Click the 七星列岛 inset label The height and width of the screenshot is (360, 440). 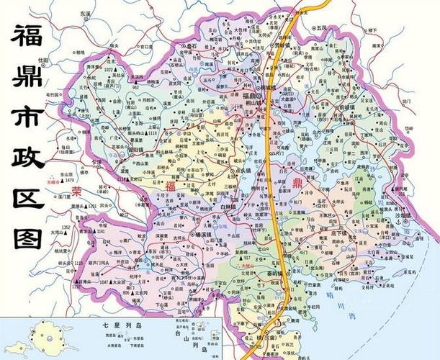(x=115, y=326)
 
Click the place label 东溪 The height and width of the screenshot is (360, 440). (x=86, y=13)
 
